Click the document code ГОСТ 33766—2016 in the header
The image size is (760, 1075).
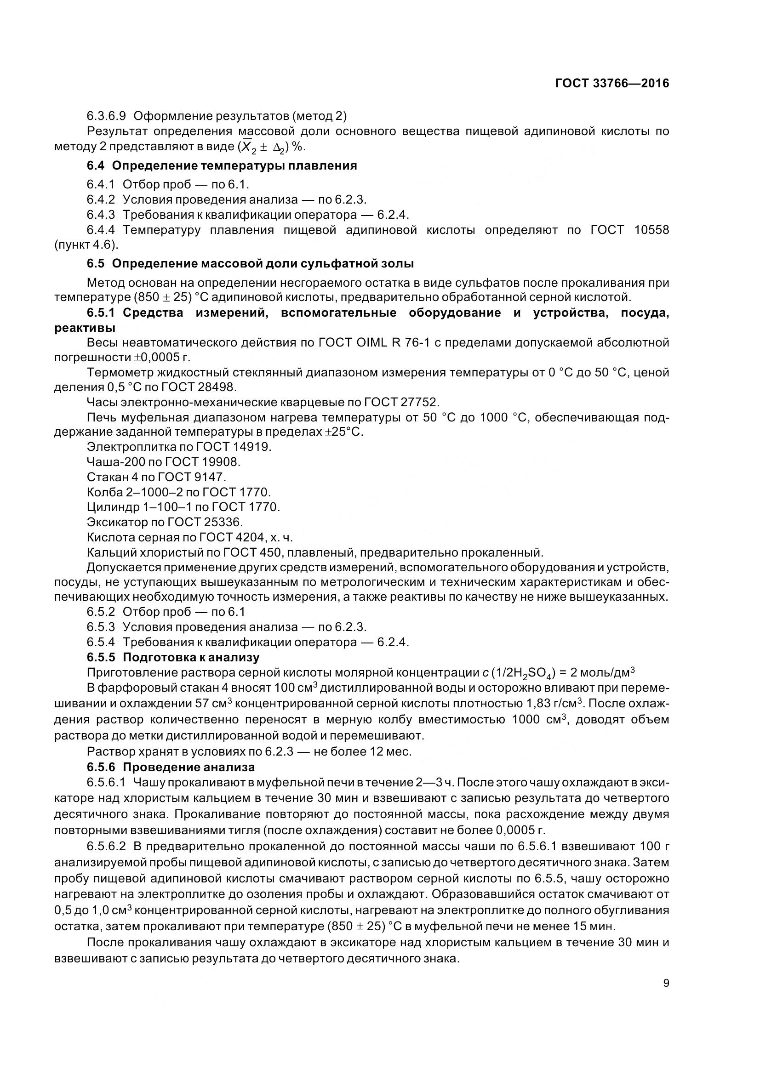pos(612,83)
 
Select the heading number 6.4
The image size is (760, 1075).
pos(96,166)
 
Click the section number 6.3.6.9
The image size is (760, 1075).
pos(106,116)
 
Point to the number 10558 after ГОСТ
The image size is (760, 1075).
pos(652,230)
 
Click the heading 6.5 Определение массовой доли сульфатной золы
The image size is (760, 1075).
pos(251,264)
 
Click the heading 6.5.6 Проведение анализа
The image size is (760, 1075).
pos(171,767)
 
